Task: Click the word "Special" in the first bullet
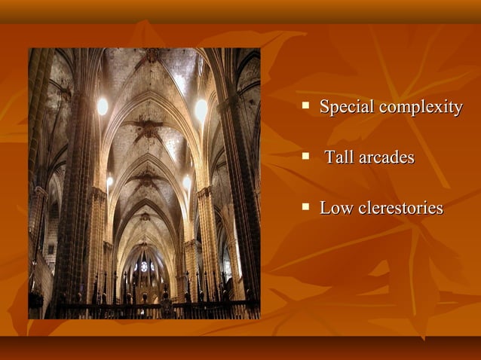pos(347,107)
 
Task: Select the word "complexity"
pos(421,107)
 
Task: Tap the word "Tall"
pos(341,157)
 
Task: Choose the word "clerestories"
pos(400,208)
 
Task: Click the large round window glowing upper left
pos(102,106)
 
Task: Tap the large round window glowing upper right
pos(201,109)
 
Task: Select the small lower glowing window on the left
pos(109,182)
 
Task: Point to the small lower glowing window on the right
pos(187,182)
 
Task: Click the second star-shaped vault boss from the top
pos(146,178)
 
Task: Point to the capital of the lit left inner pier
pos(99,194)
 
